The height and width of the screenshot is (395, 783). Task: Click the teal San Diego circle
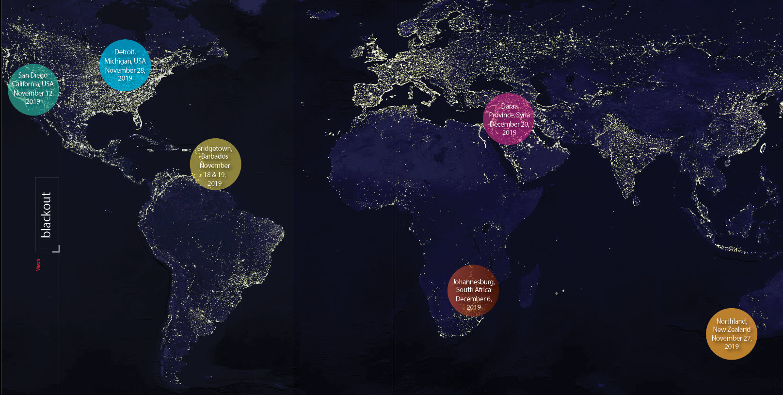[x=33, y=89]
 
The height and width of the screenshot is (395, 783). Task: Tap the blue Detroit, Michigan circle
[x=125, y=65]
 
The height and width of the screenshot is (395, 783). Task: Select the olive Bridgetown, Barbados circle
[x=215, y=164]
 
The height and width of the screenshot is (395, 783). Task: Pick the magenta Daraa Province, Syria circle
[x=509, y=119]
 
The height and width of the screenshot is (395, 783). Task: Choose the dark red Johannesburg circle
[x=473, y=291]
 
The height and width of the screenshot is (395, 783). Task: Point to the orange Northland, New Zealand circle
[x=731, y=334]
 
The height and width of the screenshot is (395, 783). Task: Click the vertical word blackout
[x=46, y=214]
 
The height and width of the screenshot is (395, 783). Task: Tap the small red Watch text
[x=38, y=264]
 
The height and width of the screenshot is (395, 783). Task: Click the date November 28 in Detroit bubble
[x=125, y=70]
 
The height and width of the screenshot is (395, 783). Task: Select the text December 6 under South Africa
[x=473, y=299]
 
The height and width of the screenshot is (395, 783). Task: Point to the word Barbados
[x=215, y=156]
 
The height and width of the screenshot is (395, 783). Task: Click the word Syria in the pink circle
[x=523, y=115]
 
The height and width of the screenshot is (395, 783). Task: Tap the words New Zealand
[x=731, y=329]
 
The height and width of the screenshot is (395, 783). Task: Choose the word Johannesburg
[x=473, y=282]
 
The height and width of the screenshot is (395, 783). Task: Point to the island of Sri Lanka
[x=636, y=201]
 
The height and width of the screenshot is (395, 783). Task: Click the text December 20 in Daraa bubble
[x=509, y=124]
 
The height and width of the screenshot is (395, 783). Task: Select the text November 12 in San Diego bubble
[x=33, y=93]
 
